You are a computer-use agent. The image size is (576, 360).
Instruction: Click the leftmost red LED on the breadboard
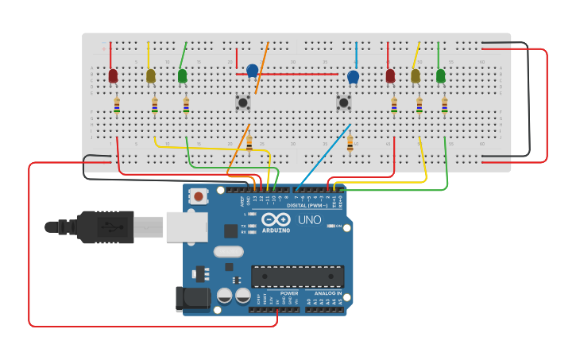coord(113,75)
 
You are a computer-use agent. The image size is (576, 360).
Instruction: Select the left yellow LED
coord(151,75)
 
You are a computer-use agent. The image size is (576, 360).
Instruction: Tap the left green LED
coord(183,75)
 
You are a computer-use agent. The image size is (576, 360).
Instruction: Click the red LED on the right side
coord(390,75)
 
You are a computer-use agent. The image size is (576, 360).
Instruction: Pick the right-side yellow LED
coord(416,75)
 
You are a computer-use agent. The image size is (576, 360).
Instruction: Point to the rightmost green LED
coord(441,75)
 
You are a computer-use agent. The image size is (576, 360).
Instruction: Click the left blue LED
coord(253,71)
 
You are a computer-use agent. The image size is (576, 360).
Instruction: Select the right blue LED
coord(354,76)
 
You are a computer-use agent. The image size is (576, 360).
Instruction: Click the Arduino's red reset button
coord(198,195)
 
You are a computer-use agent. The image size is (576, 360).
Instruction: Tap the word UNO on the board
coord(309,220)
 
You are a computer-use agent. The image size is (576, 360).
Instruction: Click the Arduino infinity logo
coord(276,219)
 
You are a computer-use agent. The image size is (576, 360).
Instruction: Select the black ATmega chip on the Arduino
coord(298,277)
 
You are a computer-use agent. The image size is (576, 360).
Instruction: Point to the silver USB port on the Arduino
coord(187,226)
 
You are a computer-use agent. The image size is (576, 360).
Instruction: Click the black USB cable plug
coord(103,226)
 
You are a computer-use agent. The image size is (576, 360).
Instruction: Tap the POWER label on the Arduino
coord(289,293)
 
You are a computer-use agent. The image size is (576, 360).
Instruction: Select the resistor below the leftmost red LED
coord(117,104)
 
